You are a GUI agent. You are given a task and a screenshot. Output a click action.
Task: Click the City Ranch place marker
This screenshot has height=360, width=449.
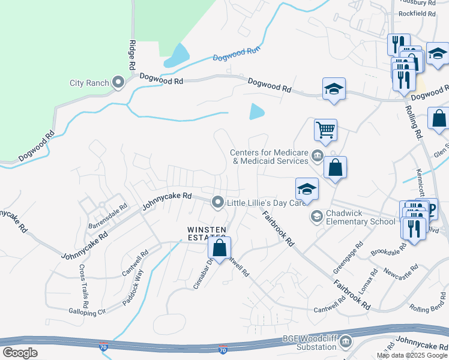(118, 83)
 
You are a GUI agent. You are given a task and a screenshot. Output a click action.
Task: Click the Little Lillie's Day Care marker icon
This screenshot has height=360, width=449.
(217, 202)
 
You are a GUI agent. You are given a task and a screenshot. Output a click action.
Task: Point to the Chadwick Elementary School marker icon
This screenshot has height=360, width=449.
(316, 215)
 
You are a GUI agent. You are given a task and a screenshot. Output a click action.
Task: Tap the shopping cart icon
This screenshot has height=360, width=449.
(325, 129)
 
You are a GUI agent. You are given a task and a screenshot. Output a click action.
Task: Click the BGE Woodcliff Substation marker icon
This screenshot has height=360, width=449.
(345, 343)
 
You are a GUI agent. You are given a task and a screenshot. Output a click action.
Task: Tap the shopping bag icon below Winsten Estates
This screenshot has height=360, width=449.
(220, 247)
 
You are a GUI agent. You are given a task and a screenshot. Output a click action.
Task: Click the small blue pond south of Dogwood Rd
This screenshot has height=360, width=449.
(256, 111)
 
